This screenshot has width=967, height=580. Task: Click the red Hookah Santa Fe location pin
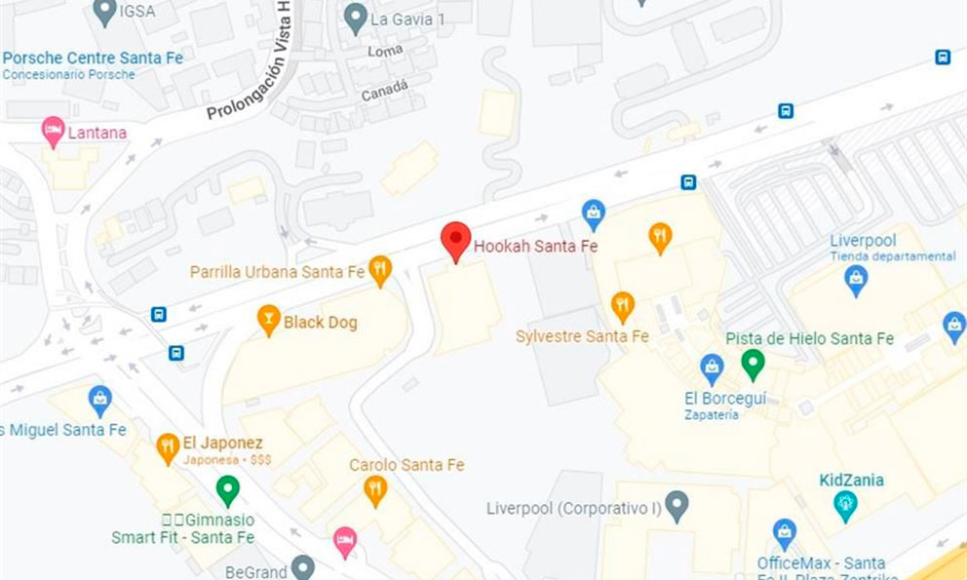coord(455,240)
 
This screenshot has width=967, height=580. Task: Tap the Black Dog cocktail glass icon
coord(268,320)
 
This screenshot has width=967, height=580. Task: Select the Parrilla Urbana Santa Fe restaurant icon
coord(380,270)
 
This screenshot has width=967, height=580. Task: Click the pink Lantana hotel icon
coord(53,131)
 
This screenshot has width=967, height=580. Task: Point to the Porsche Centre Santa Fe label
coord(93,58)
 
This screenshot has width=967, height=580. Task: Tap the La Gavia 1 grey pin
coord(356,17)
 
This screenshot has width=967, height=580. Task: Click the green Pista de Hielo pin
coord(752,365)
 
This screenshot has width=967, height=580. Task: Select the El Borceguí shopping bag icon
coord(713,368)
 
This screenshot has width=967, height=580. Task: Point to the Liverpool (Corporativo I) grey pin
coord(677,506)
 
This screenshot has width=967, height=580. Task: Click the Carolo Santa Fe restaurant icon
coord(375,489)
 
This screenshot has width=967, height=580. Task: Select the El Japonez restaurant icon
coord(168,448)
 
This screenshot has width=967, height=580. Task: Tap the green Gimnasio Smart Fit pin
coord(227,489)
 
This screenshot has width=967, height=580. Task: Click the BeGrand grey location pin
coord(303,566)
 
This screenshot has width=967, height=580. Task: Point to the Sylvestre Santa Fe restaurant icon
coord(623,307)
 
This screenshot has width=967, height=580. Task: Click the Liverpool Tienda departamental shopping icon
coord(856,280)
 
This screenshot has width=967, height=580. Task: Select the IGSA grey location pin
coord(104,12)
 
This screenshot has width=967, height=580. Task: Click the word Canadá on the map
coord(384,92)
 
